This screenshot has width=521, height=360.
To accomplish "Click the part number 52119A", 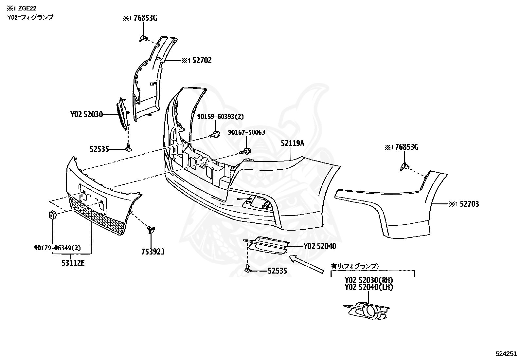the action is click(x=292, y=143).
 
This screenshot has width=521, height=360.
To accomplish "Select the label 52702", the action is click(x=202, y=60).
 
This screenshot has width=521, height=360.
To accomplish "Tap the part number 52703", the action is click(x=469, y=204).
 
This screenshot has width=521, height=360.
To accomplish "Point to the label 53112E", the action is click(x=73, y=263).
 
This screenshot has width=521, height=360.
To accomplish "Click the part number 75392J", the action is click(x=153, y=252).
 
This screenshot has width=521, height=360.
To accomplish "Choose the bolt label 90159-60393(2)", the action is click(x=220, y=116).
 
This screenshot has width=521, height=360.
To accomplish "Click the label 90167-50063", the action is click(x=246, y=132).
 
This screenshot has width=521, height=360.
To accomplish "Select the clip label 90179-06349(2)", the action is click(x=58, y=248).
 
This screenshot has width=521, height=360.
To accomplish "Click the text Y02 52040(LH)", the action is click(x=368, y=287).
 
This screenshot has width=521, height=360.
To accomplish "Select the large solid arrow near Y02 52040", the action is click(x=306, y=264).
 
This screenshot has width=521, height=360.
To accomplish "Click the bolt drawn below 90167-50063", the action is click(x=245, y=151).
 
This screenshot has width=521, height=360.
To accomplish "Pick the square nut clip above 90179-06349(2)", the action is click(x=52, y=215).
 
